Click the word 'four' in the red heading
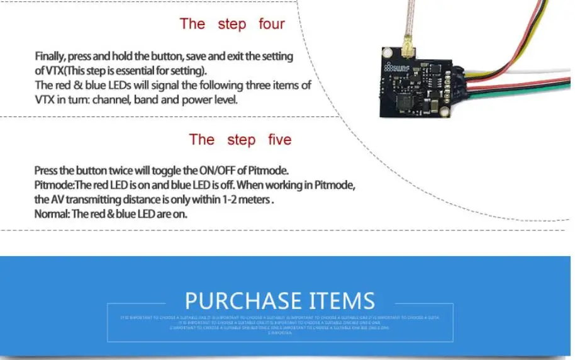pos(272,25)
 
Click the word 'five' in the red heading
pos(279,139)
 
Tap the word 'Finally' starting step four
pos(50,57)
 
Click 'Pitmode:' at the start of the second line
pos(55,185)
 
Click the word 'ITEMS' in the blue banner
pos(342,300)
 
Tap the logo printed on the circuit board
pos(400,67)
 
